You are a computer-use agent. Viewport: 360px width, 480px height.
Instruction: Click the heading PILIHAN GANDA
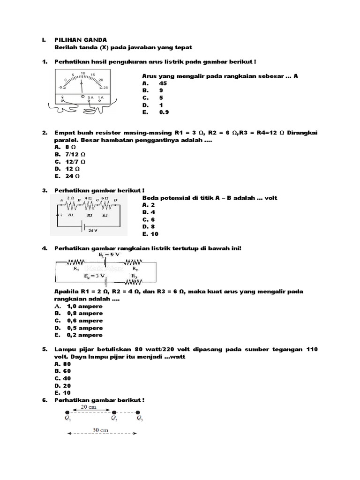[81, 40]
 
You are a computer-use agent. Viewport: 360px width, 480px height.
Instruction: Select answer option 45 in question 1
[163, 83]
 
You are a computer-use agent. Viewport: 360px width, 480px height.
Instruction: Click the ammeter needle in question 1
[82, 86]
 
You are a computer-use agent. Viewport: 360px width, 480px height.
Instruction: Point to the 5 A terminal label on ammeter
[90, 97]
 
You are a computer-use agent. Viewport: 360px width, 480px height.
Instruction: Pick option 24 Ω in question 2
[73, 176]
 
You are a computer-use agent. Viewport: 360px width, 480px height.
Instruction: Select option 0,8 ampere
[84, 314]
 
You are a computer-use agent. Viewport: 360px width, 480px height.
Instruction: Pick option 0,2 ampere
[84, 335]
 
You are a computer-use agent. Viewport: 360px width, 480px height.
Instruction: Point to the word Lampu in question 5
[65, 349]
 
